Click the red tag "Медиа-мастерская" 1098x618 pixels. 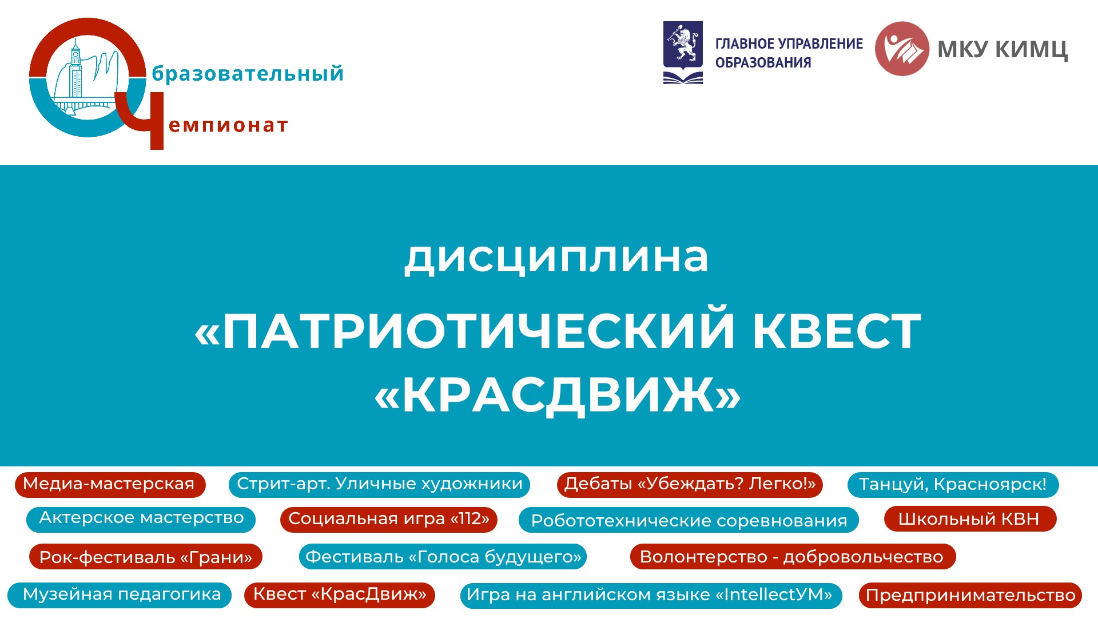110,484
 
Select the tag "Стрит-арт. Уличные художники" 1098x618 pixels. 379,484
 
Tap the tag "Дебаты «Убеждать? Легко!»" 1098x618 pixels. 690,484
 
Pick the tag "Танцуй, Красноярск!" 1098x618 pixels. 953,485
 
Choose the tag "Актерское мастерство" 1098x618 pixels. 141,519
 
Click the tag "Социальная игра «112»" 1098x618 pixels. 389,520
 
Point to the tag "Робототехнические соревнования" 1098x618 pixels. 689,520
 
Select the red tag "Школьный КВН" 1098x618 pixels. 970,519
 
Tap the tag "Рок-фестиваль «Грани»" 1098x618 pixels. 146,557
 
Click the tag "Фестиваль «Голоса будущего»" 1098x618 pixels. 443,557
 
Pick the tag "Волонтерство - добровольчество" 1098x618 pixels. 793,557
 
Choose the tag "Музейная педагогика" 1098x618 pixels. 120,595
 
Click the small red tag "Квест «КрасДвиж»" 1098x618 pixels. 340,595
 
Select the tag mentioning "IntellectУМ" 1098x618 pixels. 651,596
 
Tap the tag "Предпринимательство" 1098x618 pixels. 970,596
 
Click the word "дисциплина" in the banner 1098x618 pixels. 556,257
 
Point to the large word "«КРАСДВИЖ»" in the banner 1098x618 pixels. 558,395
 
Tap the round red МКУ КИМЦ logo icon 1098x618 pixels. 902,49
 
